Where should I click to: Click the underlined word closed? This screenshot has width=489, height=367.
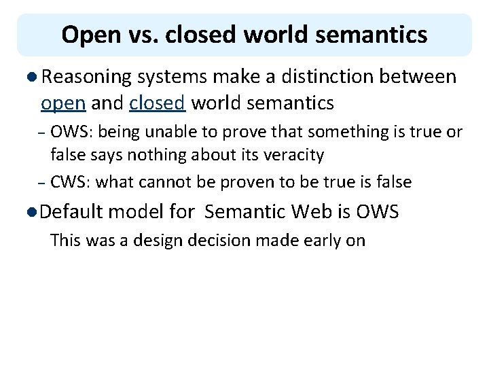pyautogui.click(x=157, y=103)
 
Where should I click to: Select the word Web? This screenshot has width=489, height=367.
pyautogui.click(x=313, y=212)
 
